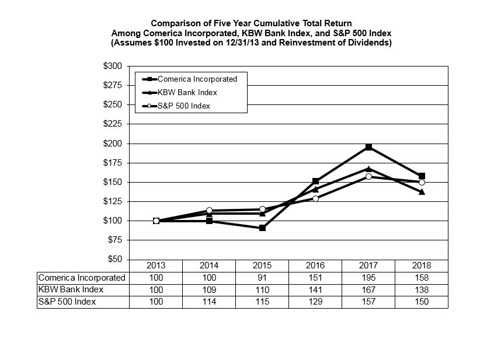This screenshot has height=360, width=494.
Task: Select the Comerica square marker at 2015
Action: point(262,228)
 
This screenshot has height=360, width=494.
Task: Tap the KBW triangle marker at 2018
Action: point(422,191)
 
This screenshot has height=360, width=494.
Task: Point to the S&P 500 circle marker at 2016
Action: point(315,198)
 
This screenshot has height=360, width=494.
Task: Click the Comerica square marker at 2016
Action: point(315,181)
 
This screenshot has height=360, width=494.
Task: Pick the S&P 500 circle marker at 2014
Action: point(209,210)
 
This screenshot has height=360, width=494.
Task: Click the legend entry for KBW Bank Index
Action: point(183,92)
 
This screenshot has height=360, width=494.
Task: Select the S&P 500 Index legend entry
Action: point(183,106)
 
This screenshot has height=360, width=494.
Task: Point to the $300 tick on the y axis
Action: point(113,66)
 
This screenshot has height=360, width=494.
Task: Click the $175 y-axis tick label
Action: point(113,163)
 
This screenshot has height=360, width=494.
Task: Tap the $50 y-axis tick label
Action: point(114,259)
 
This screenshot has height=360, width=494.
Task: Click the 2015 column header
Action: point(262,265)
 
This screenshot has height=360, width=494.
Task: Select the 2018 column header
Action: point(422,265)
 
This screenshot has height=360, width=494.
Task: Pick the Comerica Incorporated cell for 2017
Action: point(368,278)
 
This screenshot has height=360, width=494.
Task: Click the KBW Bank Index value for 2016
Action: point(315,289)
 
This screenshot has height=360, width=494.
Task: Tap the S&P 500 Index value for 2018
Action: point(422,302)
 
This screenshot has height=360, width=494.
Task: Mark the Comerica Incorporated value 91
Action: point(262,278)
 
